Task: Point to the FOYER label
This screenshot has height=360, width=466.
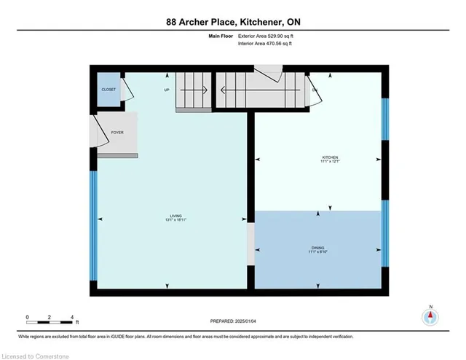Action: tap(116, 133)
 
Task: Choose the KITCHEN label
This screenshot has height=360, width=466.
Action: tap(331, 157)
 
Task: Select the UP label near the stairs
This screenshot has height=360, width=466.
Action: tap(166, 90)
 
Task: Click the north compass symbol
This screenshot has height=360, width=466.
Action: tap(431, 316)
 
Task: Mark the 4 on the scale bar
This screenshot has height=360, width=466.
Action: tap(71, 318)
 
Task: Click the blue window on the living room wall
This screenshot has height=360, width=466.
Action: tap(92, 226)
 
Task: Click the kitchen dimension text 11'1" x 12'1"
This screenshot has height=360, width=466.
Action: tap(331, 162)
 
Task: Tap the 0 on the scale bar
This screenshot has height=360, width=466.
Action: tap(27, 318)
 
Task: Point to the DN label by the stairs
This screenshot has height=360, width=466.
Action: tap(315, 90)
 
